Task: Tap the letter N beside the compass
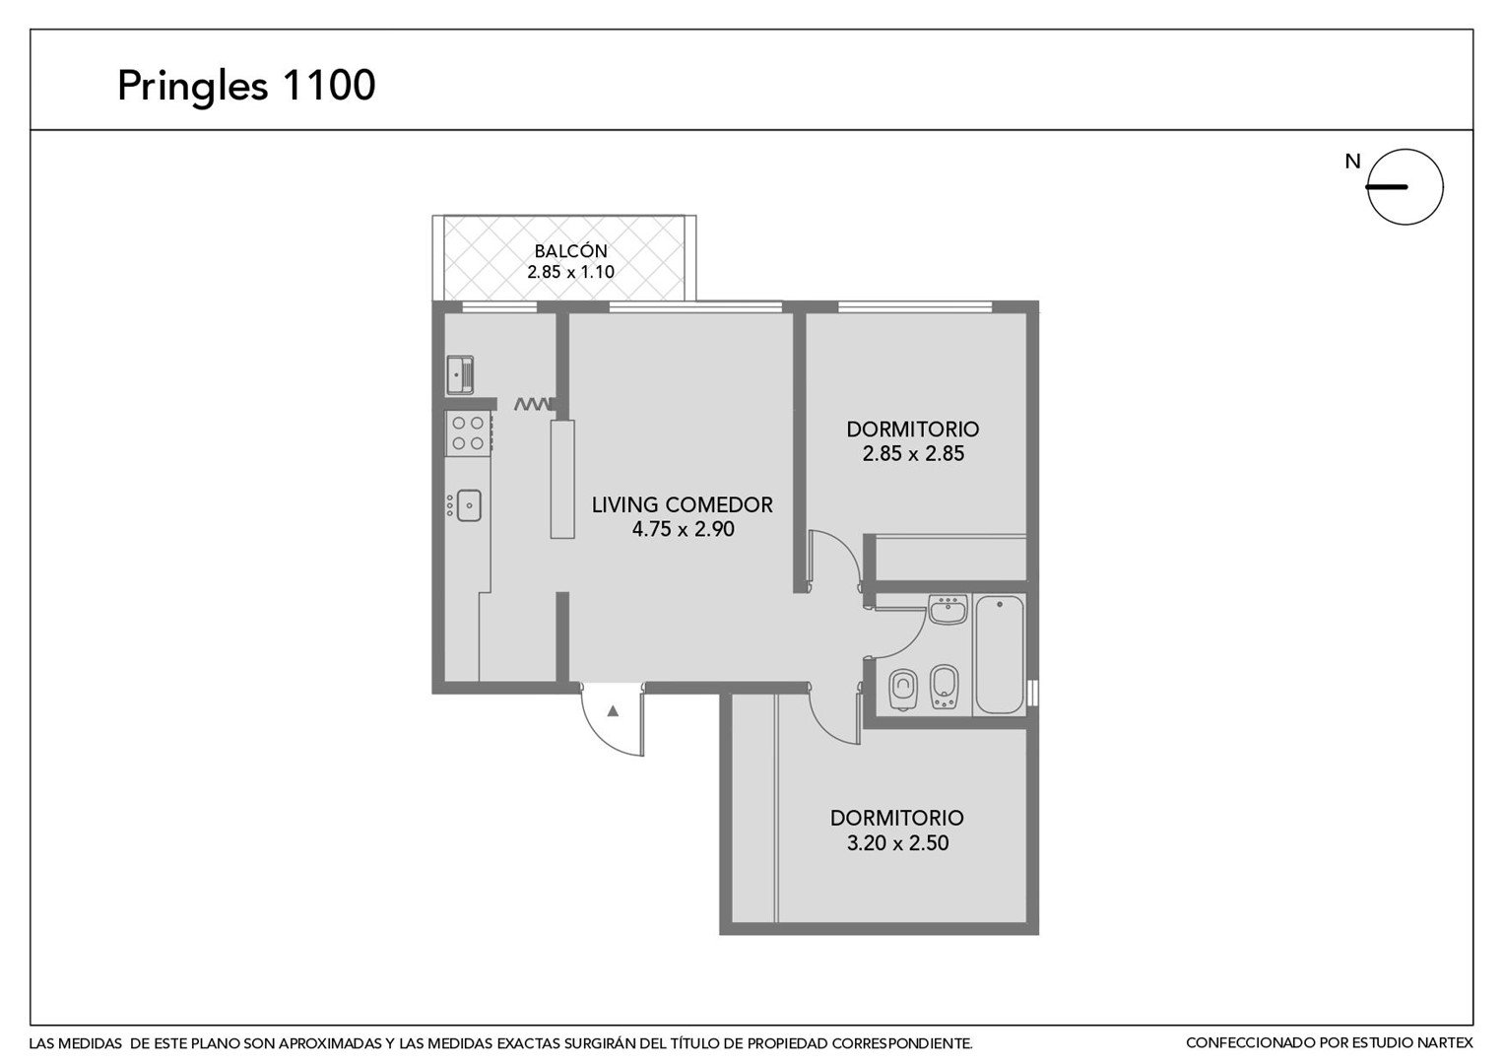(1352, 162)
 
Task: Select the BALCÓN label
(571, 250)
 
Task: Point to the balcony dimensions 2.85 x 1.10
(571, 272)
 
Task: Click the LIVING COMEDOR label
(682, 504)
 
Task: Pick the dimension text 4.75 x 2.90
(683, 530)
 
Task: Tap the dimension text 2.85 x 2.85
(913, 454)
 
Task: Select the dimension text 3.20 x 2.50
(897, 843)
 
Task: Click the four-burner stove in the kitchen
(468, 433)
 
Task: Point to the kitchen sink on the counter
(468, 505)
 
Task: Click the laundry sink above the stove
(460, 375)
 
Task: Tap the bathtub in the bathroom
(1000, 655)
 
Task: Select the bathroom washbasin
(949, 609)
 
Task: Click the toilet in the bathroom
(903, 690)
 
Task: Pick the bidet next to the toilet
(944, 687)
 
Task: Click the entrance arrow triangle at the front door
(613, 711)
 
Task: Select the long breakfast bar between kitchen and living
(562, 479)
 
